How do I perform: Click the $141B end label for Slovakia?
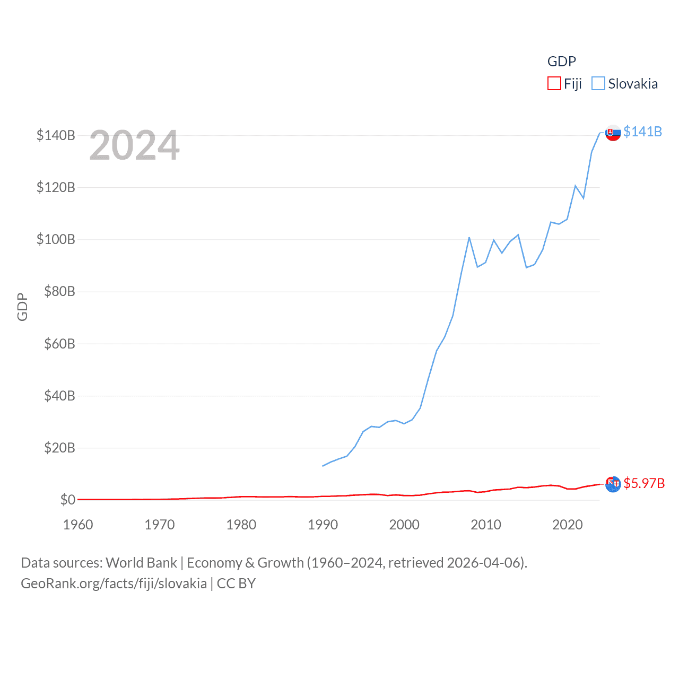coord(642,132)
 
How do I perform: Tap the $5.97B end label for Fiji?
coord(644,483)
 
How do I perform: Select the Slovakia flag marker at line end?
coord(613,133)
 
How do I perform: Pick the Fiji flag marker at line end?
coord(613,484)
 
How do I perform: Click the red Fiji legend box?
coord(554,84)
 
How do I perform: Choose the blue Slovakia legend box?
coord(598,84)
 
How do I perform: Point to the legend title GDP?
coord(561,62)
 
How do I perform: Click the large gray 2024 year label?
coord(134,145)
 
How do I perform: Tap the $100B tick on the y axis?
coord(56,239)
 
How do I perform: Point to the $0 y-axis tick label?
coord(67,500)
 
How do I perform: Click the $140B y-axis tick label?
coord(56,135)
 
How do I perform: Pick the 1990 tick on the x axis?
coord(323,525)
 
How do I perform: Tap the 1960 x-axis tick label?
coord(78,525)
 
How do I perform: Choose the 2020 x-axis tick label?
coord(567,525)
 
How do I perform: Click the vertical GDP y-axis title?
coord(22,307)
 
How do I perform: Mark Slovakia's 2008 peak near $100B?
coord(469,238)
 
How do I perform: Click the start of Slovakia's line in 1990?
coord(323,466)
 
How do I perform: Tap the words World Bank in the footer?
coord(141,563)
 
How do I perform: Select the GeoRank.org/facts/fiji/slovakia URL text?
coord(114,584)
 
